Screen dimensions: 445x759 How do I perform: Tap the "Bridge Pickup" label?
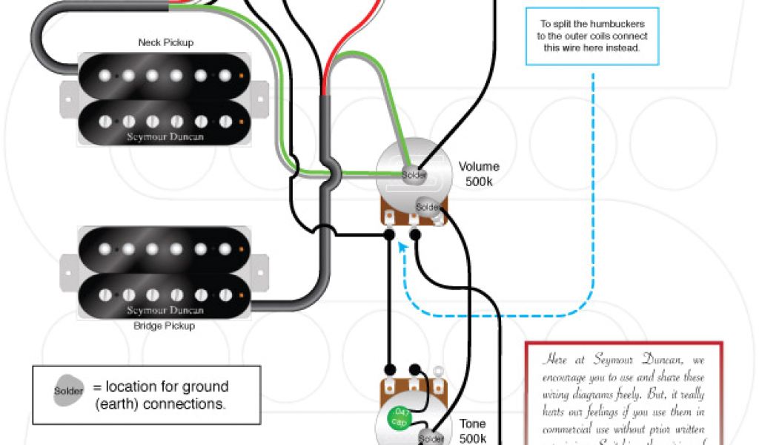pyautogui.click(x=165, y=326)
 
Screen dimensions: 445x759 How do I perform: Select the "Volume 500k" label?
pyautogui.click(x=479, y=174)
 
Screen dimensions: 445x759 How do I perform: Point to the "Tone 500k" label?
pyautogui.click(x=472, y=430)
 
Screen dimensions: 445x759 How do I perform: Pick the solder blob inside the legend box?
pyautogui.click(x=68, y=392)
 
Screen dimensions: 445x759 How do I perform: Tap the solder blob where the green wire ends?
pyautogui.click(x=413, y=175)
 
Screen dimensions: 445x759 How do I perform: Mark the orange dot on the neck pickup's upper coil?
pyautogui.click(x=241, y=75)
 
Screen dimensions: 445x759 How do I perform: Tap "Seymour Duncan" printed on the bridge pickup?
pyautogui.click(x=165, y=310)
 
